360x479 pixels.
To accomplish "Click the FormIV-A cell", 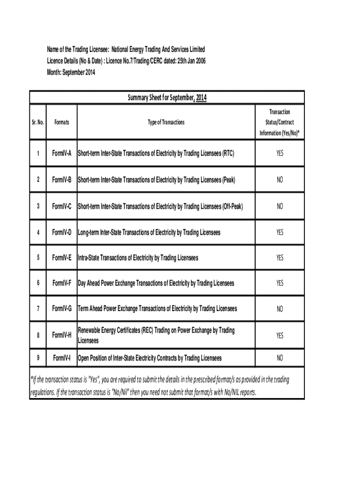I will pos(61,153).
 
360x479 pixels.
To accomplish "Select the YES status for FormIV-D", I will pos(280,232).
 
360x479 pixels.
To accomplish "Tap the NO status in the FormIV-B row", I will pos(280,180).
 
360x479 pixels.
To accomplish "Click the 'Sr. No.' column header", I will pos(38,122).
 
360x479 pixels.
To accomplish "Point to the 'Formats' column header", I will pos(61,122).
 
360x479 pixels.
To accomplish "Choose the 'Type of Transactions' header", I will pos(166,122).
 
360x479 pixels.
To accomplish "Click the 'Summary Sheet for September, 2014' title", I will pos(167,98).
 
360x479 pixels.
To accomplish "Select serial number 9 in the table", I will pos(38,358).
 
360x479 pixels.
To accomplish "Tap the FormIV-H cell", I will pos(61,335).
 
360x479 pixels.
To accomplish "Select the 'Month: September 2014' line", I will pos(71,73).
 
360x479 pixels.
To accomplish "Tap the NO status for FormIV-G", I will pos(280,309).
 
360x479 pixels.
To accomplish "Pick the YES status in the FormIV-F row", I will pos(280,283).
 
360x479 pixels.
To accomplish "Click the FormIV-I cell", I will pos(62,358).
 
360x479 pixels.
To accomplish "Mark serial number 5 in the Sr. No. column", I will pos(38,258).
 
